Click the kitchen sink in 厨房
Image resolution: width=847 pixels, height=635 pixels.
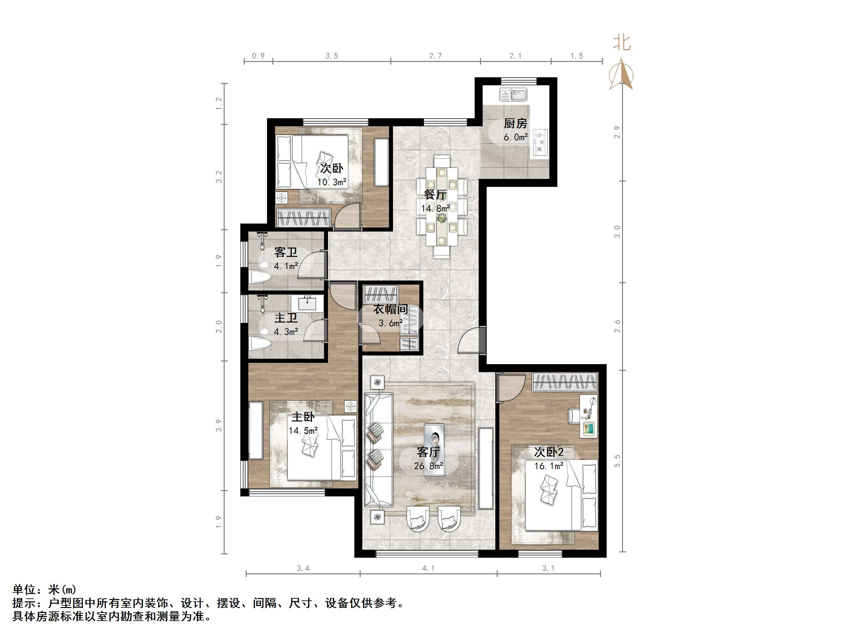coord(513,94)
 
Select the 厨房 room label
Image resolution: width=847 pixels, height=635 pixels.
coord(515,124)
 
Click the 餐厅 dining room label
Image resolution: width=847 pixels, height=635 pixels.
coord(435,195)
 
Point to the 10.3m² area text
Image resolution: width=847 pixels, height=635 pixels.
coord(332,182)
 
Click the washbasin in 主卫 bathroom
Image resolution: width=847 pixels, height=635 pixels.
coord(307,304)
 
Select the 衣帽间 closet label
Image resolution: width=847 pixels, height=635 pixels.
coord(390,309)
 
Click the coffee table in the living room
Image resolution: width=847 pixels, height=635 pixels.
coord(434,450)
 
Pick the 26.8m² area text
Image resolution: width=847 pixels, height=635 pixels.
coord(428,466)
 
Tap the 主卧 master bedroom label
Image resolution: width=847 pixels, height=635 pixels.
coord(303,416)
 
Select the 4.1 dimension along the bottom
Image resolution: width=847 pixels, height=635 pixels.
coord(428,568)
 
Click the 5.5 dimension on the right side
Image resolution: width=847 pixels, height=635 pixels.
coord(617,461)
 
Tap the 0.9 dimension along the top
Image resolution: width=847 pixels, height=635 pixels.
coord(258,56)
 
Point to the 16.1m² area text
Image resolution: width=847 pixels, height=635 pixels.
coord(548,466)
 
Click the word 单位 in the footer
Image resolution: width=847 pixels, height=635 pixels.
coord(25,589)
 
